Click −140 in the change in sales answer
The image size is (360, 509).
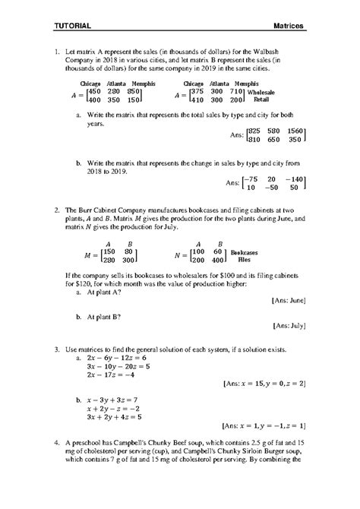[x=292, y=179]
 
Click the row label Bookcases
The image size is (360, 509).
[x=246, y=251]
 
